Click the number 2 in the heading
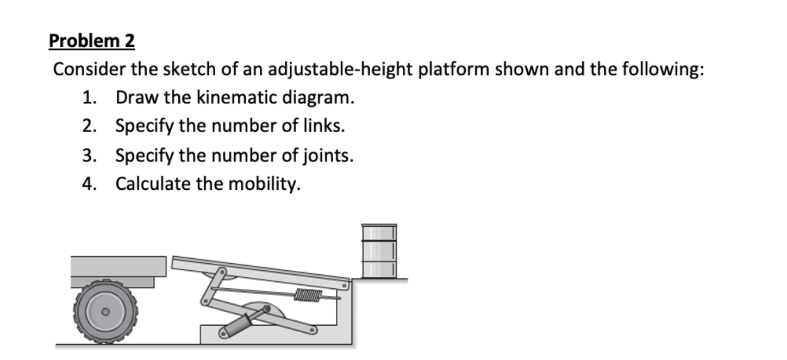pyautogui.click(x=128, y=41)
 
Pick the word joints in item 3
pyautogui.click(x=326, y=156)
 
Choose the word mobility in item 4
pyautogui.click(x=263, y=184)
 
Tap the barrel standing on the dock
pyautogui.click(x=379, y=251)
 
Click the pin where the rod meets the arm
pyautogui.click(x=266, y=309)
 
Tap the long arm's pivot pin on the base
pyautogui.click(x=314, y=329)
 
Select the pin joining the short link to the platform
pyautogui.click(x=222, y=270)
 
